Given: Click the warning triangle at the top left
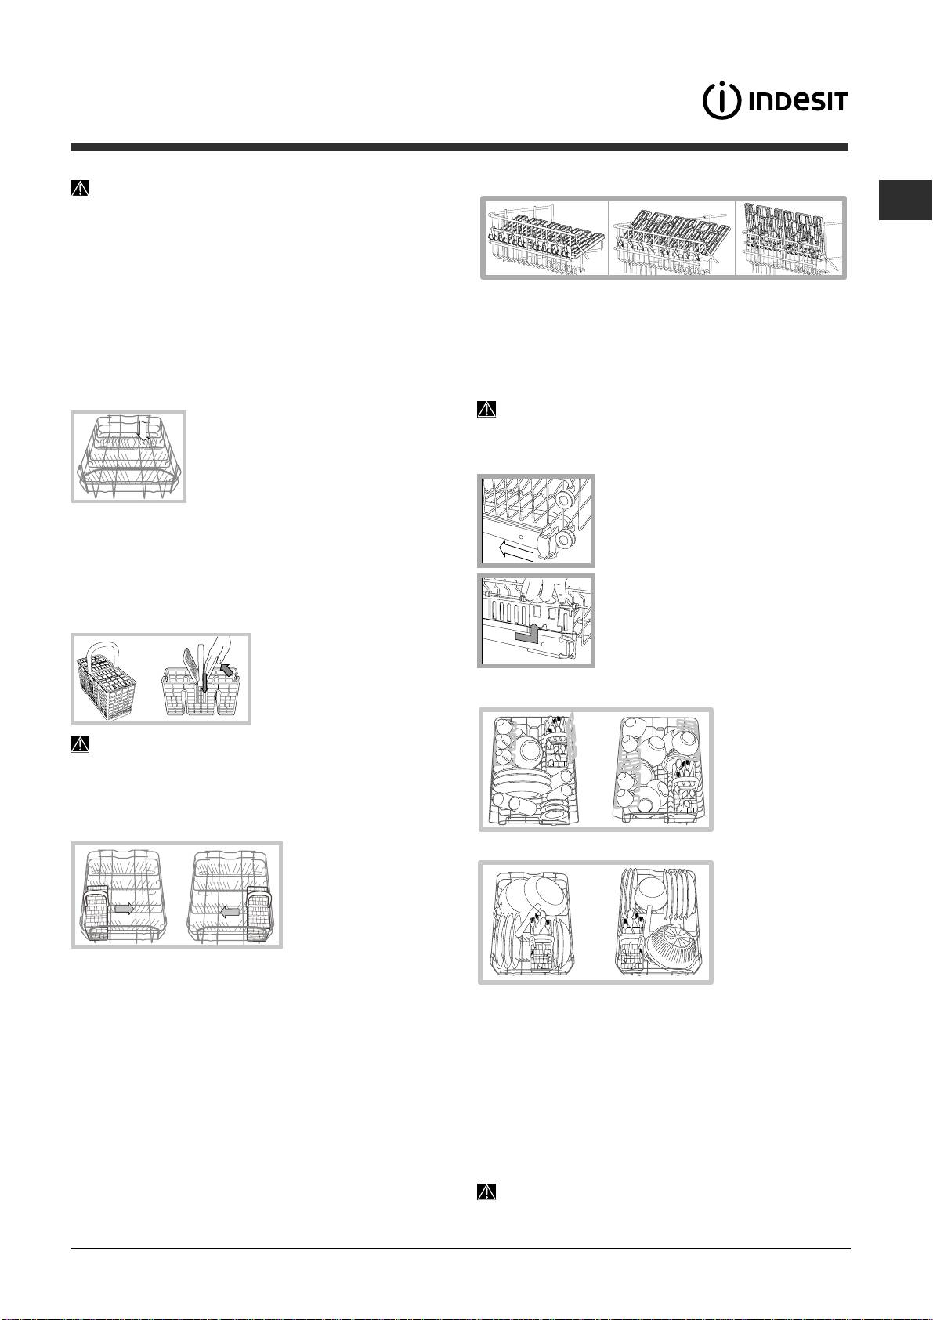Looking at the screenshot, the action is pos(80,190).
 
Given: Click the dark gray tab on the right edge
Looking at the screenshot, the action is pos(905,201).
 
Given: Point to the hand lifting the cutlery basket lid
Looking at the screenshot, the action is pos(213,653).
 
